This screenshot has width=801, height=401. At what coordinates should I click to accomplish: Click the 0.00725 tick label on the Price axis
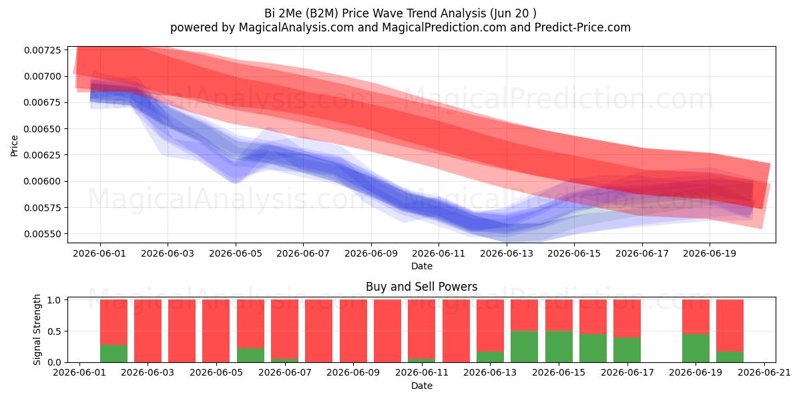tap(43, 50)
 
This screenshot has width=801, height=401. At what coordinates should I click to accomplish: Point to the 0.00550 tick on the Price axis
tap(43, 234)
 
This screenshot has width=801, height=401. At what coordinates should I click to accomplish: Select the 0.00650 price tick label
tap(43, 129)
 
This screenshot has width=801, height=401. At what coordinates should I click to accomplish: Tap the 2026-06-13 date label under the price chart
tap(507, 253)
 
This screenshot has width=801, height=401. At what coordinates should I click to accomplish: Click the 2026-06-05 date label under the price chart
tap(235, 253)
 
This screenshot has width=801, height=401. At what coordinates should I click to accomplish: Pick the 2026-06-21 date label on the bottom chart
tap(764, 373)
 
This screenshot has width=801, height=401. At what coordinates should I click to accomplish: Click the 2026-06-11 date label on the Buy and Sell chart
tap(422, 373)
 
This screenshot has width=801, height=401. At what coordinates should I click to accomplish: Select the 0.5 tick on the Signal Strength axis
tap(54, 331)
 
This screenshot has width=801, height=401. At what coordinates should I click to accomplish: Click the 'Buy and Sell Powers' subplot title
tap(422, 287)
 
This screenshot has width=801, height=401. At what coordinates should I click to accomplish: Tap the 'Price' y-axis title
tap(14, 146)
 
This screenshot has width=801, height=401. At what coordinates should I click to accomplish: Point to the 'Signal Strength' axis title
tap(37, 329)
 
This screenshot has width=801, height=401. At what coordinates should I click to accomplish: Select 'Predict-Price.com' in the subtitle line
tap(583, 27)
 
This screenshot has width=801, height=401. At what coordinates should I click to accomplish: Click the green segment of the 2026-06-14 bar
tap(524, 347)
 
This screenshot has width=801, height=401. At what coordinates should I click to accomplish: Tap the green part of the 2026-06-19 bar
tap(696, 348)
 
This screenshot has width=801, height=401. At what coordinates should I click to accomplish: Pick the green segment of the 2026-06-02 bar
tap(113, 354)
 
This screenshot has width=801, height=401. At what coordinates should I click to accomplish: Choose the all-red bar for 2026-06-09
tap(353, 331)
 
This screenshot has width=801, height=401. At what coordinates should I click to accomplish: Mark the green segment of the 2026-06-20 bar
tap(730, 357)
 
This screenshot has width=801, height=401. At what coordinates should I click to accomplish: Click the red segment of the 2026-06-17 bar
tap(627, 318)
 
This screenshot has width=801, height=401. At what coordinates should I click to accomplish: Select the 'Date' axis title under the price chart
tap(422, 266)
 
